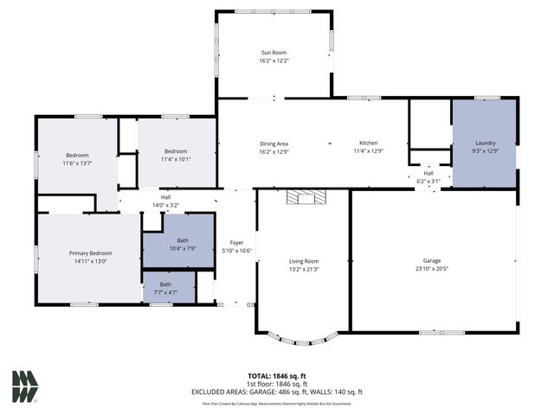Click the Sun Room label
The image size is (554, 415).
(x=274, y=53)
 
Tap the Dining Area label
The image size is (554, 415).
(x=274, y=144)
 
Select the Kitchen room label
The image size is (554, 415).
(x=369, y=144)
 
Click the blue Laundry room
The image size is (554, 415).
(x=484, y=144)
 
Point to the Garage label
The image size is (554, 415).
(x=432, y=260)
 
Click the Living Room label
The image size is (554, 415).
(x=304, y=260)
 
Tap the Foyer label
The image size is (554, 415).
(x=236, y=243)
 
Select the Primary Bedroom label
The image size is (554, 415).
(x=91, y=253)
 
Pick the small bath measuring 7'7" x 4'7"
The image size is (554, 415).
(x=165, y=288)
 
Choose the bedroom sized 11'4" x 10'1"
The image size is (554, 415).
(x=177, y=155)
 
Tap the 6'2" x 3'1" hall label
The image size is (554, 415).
(x=428, y=177)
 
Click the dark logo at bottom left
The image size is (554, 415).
(x=24, y=386)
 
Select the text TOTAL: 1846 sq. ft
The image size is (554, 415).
(x=277, y=376)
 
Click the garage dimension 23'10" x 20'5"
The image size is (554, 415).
(x=432, y=269)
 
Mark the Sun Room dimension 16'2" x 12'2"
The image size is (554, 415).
(x=274, y=61)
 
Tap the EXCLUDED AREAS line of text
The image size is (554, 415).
(x=277, y=392)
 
